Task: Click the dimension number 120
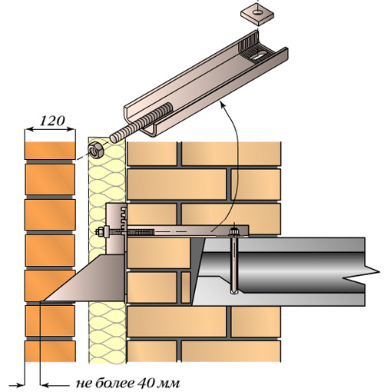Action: click(52, 121)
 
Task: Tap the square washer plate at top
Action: click(257, 15)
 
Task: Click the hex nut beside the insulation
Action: click(95, 150)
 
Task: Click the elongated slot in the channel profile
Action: click(260, 55)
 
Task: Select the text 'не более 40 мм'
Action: click(128, 384)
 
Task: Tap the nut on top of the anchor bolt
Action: click(233, 231)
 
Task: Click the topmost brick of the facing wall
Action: click(50, 150)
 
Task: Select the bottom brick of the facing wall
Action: click(51, 351)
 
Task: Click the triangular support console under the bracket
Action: click(87, 280)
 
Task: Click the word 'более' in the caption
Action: click(115, 383)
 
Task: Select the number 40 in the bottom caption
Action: click(145, 383)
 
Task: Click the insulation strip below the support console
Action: click(108, 332)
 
